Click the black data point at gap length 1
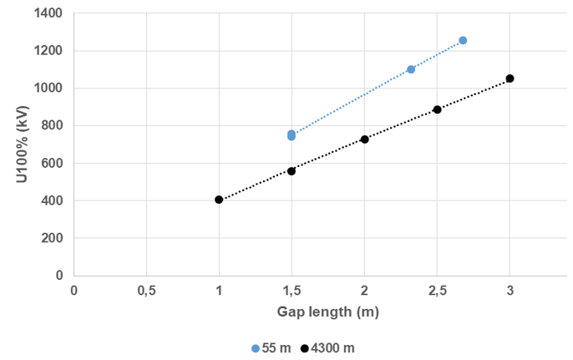tap(219, 200)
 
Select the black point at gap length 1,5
tap(292, 171)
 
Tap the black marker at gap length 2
tap(364, 139)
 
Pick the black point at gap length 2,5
tap(437, 109)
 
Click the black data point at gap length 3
tap(510, 79)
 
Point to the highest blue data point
tap(463, 40)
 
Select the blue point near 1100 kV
tap(411, 69)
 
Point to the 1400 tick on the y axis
tap(50, 13)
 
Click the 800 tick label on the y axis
tap(53, 125)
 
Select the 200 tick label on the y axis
tap(53, 237)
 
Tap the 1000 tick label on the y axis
tap(50, 88)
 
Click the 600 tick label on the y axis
tap(53, 163)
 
